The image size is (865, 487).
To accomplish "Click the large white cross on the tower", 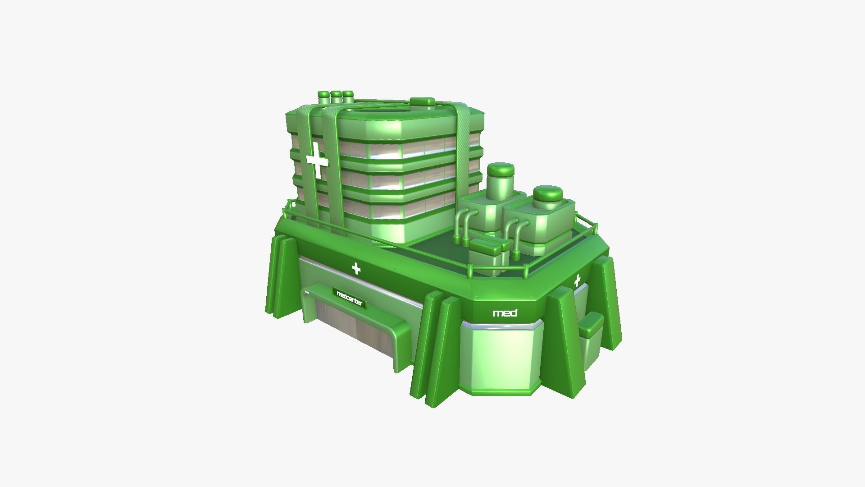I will [x=317, y=161].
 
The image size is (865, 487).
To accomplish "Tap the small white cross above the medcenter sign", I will [x=356, y=269].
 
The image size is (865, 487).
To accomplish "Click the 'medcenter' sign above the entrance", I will [x=350, y=299].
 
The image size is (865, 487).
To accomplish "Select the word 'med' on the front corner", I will [x=505, y=313].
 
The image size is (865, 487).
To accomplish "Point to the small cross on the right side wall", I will [x=577, y=281].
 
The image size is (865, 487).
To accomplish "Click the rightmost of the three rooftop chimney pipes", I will [x=347, y=96].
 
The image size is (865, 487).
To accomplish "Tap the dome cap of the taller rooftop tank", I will [x=501, y=170].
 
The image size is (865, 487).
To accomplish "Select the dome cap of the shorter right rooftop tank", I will [x=547, y=194].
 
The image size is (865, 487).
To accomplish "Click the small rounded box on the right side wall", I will [x=591, y=326].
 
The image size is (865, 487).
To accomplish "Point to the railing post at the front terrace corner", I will [x=470, y=271].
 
